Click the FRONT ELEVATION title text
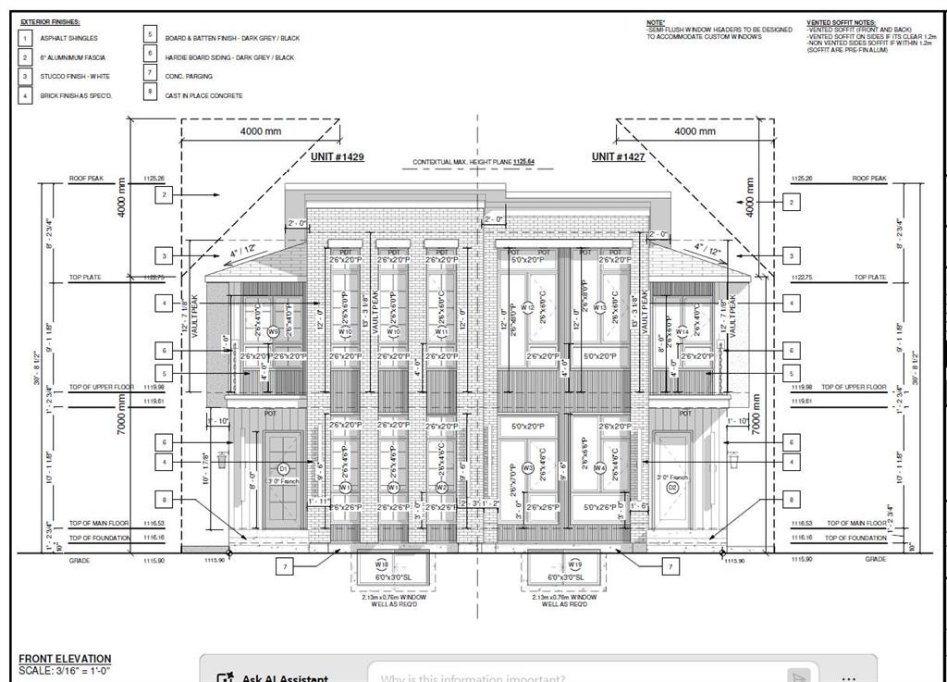point(65,659)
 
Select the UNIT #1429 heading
point(337,157)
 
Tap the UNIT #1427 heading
point(618,157)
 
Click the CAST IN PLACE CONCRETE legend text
point(203,95)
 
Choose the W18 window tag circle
point(381,564)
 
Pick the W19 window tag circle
point(574,564)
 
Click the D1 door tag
point(284,468)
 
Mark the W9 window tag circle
point(273,331)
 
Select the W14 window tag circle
point(682,331)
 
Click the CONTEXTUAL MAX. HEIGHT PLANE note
point(473,162)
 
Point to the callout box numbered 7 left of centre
point(286,564)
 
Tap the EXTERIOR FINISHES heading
point(51,21)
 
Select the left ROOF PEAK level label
point(86,179)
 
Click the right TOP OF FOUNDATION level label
point(855,538)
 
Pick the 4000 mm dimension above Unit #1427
point(695,131)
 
